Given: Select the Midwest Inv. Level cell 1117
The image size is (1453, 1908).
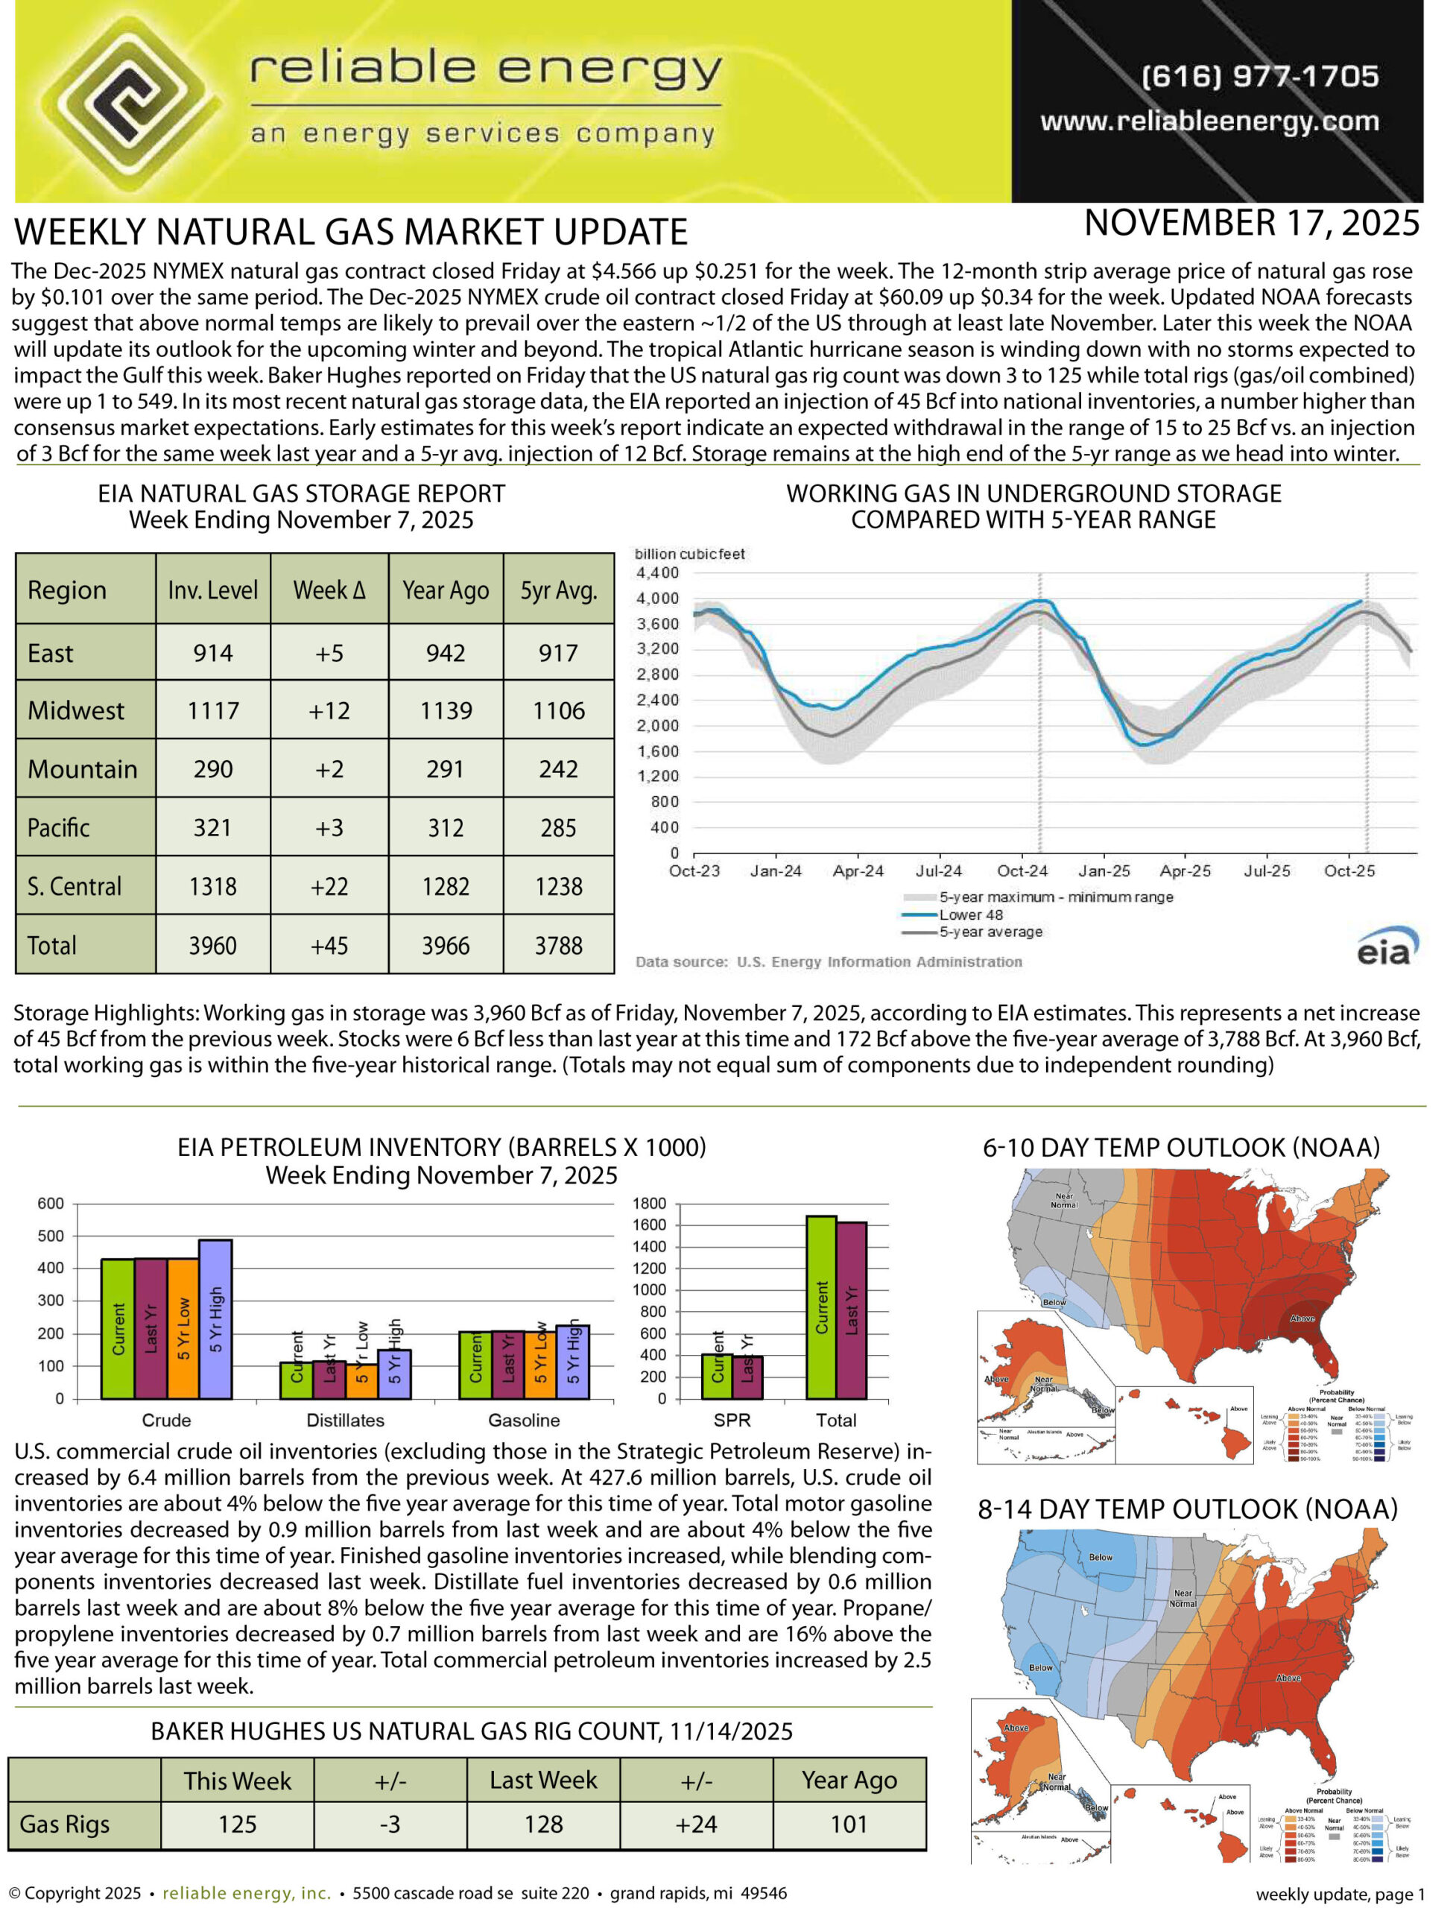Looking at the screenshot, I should click(213, 711).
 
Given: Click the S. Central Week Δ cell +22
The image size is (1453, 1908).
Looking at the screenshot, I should click(329, 886).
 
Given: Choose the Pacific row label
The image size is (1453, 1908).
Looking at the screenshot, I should click(59, 828).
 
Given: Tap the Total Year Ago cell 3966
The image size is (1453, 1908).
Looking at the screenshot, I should click(446, 945).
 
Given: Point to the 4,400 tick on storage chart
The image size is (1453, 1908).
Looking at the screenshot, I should click(657, 572).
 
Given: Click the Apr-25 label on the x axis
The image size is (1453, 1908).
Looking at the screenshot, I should click(1184, 871).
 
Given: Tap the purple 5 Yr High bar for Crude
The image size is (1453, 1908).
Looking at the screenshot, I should click(215, 1318).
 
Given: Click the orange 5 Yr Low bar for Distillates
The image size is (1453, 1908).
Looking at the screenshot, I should click(361, 1380).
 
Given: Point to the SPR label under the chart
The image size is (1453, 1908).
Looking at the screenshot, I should click(732, 1420).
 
